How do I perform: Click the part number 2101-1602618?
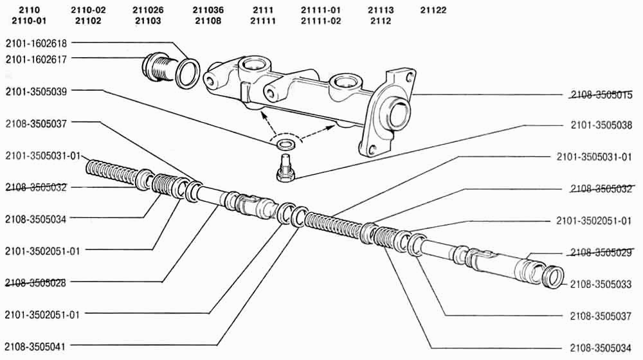(x=36, y=43)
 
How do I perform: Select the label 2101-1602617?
(x=36, y=59)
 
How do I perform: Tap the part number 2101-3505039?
(x=36, y=91)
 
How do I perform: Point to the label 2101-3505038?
(x=601, y=125)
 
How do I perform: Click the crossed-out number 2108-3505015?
(x=601, y=95)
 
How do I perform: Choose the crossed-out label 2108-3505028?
(x=35, y=282)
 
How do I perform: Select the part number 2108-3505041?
(x=35, y=346)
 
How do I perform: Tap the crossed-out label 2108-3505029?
(x=601, y=253)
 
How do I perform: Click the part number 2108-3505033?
(x=601, y=284)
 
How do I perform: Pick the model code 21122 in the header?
(x=433, y=10)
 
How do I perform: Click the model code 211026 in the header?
(x=148, y=10)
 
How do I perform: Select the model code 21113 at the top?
(x=381, y=10)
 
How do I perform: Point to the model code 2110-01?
(x=29, y=21)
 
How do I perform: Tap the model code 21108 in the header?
(x=208, y=21)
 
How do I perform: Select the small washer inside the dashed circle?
(x=285, y=145)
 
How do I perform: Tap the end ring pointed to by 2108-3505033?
(x=553, y=277)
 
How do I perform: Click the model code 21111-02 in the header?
(x=321, y=21)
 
